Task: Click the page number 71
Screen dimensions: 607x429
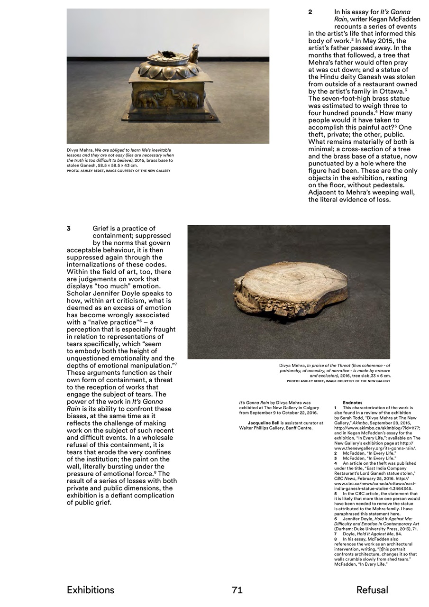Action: coord(237,590)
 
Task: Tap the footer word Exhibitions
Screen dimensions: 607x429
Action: coord(91,590)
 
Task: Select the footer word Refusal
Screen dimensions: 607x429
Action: coord(372,590)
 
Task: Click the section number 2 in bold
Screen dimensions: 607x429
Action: coord(310,12)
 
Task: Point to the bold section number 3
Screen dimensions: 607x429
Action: coord(69,229)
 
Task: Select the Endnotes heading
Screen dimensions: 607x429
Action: coord(352,403)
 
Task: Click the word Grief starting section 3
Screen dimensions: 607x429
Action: coord(103,229)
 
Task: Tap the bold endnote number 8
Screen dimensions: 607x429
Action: coord(335,539)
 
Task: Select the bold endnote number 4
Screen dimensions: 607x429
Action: coord(335,463)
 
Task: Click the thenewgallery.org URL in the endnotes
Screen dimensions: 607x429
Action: coord(374,448)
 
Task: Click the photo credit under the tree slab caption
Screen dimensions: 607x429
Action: coord(338,381)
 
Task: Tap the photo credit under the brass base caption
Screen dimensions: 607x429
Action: coord(119,171)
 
